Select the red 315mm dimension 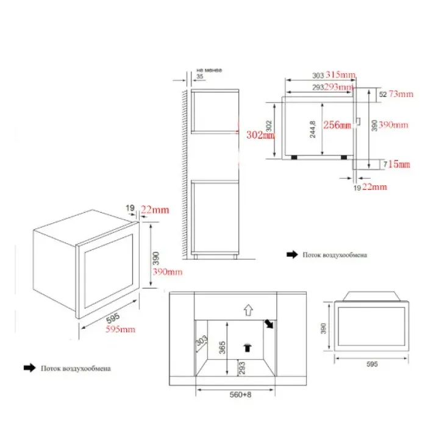click(340, 75)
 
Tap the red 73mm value click(401, 94)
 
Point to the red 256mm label click(338, 126)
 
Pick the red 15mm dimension click(399, 164)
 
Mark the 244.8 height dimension click(312, 129)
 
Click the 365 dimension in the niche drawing click(223, 348)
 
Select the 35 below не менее click(199, 77)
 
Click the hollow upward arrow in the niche click(248, 310)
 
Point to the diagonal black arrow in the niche click(268, 324)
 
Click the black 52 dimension click(382, 95)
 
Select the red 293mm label click(339, 87)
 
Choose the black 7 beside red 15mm click(384, 164)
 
